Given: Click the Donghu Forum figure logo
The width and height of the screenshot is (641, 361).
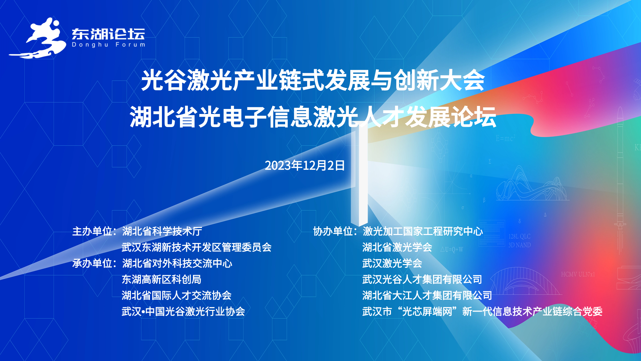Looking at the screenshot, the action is point(37,38).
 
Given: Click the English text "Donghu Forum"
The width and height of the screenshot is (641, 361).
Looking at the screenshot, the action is point(109,44).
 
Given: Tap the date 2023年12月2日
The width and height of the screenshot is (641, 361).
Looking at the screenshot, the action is point(304,165).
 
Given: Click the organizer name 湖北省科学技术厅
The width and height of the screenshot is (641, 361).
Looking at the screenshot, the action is point(162,231).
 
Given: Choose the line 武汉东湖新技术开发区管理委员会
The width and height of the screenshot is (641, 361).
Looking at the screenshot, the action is point(197,247).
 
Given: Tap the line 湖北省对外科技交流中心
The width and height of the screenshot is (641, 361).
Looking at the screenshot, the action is point(177,263).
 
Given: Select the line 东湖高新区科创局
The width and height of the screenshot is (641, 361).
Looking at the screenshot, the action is point(162,279).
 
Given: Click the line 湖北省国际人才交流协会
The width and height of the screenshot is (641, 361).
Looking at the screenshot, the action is point(177,295).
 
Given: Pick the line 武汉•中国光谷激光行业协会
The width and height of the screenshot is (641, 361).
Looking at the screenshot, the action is point(183,312).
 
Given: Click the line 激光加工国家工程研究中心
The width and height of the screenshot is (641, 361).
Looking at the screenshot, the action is point(423,231).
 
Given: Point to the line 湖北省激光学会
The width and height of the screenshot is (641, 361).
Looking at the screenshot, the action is point(397,247).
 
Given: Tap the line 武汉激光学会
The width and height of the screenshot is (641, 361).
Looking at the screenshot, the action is point(392,263).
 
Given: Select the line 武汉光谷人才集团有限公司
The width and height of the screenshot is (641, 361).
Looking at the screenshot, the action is point(422,279).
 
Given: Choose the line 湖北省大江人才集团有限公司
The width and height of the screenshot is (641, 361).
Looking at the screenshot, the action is point(427,295).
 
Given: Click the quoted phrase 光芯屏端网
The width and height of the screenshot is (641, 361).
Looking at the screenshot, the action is point(427,312).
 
